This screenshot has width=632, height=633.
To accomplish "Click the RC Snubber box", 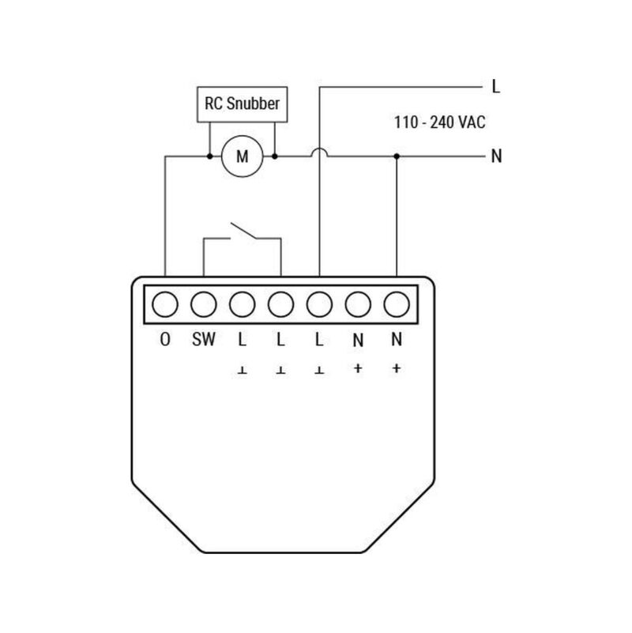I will (x=242, y=104).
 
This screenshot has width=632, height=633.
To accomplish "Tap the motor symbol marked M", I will (x=242, y=156).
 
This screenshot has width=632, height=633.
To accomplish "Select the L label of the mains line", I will (x=495, y=87).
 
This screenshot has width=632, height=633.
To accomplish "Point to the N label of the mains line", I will (x=496, y=156).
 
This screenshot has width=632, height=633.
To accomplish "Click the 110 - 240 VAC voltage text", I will (x=439, y=123).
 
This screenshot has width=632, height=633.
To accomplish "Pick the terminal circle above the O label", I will (x=165, y=303).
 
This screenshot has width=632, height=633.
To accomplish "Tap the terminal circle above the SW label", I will (x=204, y=303).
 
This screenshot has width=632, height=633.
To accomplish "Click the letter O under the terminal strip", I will (x=165, y=341).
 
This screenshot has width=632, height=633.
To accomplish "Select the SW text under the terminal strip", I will (x=204, y=341).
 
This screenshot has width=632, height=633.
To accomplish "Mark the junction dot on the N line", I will (x=397, y=156).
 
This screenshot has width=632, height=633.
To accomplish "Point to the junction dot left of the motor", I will (x=209, y=156).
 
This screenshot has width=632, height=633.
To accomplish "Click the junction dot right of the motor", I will (x=274, y=156).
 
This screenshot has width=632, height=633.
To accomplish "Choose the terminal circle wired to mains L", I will (x=319, y=303).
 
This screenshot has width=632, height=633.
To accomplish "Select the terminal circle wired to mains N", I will (x=397, y=303).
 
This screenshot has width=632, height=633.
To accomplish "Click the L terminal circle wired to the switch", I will (x=280, y=303).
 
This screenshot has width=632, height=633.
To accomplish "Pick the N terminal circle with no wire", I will (x=358, y=303).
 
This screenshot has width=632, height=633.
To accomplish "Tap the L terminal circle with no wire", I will (x=242, y=303).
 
